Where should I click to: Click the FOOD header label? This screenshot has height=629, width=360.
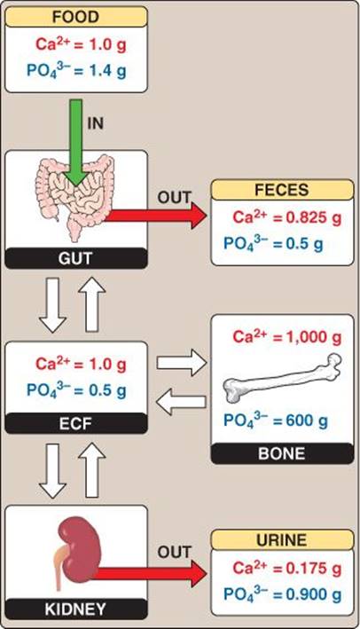point(75,17)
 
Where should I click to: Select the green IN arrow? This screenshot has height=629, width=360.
point(75,143)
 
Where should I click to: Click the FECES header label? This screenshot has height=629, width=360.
point(282,190)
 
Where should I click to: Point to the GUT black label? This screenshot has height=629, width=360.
point(75,258)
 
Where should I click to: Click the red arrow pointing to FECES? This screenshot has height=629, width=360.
point(155,216)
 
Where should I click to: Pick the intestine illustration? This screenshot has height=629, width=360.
point(75,197)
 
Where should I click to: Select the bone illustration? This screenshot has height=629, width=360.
point(282,377)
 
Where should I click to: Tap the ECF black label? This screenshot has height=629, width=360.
point(75,423)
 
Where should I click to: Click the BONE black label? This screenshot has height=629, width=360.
point(282,453)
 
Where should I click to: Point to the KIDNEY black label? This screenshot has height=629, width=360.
point(75,609)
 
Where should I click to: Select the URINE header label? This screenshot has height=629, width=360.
point(282,540)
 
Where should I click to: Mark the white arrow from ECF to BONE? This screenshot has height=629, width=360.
point(182,363)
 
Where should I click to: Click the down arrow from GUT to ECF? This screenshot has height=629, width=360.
point(52,305)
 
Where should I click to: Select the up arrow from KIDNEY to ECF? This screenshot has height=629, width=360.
point(92,470)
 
